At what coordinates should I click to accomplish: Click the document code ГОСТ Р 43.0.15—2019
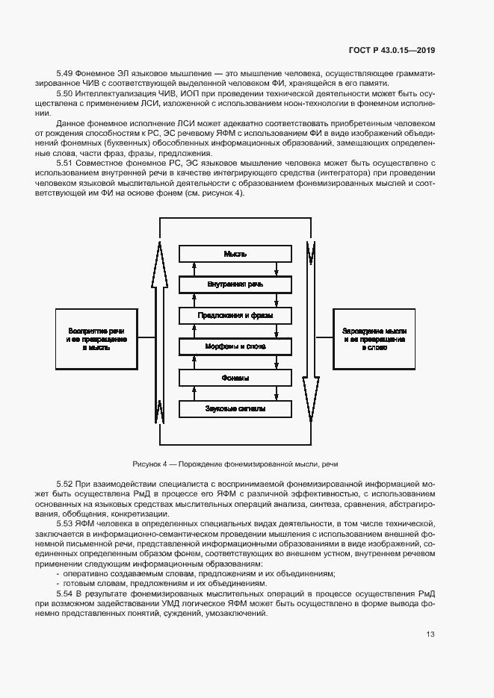coord(392,51)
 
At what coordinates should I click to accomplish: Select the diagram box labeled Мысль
coord(235,255)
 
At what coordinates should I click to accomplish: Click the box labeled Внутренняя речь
coord(235,285)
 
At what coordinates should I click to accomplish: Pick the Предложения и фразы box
coord(235,316)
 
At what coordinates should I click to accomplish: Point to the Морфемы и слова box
coord(235,347)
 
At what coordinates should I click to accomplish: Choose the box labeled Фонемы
coord(235,378)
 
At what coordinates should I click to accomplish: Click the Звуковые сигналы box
coord(235,409)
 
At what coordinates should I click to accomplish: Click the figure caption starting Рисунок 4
coord(235,464)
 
